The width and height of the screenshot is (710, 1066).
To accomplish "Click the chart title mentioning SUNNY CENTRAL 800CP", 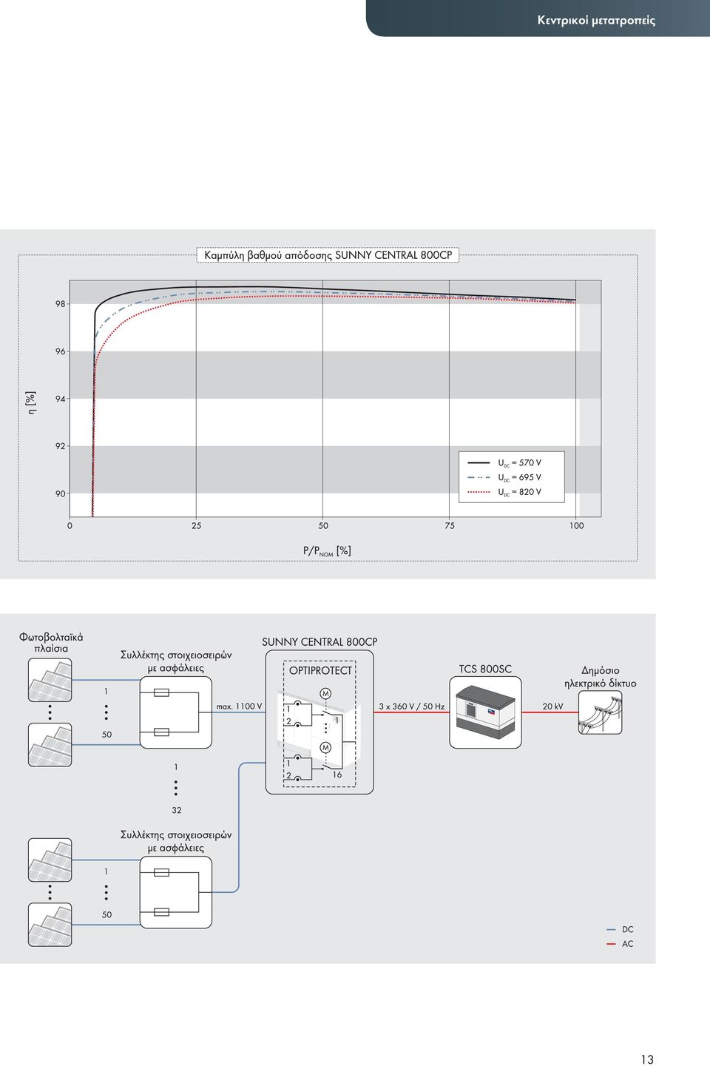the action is [328, 255].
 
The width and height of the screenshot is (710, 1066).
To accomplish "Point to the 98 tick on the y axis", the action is [60, 303].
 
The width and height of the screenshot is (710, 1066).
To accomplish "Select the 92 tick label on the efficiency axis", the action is [60, 446].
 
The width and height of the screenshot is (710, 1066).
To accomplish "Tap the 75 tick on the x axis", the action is [449, 525].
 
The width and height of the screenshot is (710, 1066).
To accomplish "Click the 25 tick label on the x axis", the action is [196, 525].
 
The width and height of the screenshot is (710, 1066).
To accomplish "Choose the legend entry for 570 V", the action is [504, 462].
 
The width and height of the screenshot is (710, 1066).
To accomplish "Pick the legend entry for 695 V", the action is [504, 477].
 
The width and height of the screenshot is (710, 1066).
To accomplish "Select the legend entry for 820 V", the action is [504, 492].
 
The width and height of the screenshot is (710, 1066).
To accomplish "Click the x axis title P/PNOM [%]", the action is [327, 550].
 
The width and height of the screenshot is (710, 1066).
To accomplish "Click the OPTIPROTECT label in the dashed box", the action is [320, 670].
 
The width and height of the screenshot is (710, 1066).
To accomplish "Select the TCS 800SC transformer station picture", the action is [485, 712].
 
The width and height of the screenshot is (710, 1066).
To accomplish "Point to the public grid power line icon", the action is [600, 712].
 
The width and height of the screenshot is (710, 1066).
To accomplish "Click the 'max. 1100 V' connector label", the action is [239, 706].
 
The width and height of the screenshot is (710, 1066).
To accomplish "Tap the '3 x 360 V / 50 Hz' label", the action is [412, 706].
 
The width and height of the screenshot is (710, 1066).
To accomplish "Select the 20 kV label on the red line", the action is [552, 706].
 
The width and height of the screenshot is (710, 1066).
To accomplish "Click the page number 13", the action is [647, 1059].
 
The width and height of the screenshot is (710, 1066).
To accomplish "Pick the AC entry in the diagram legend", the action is [620, 944].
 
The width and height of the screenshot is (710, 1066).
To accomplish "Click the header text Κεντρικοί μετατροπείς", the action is [596, 20].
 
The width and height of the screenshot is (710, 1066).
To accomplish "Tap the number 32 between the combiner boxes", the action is [177, 810].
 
